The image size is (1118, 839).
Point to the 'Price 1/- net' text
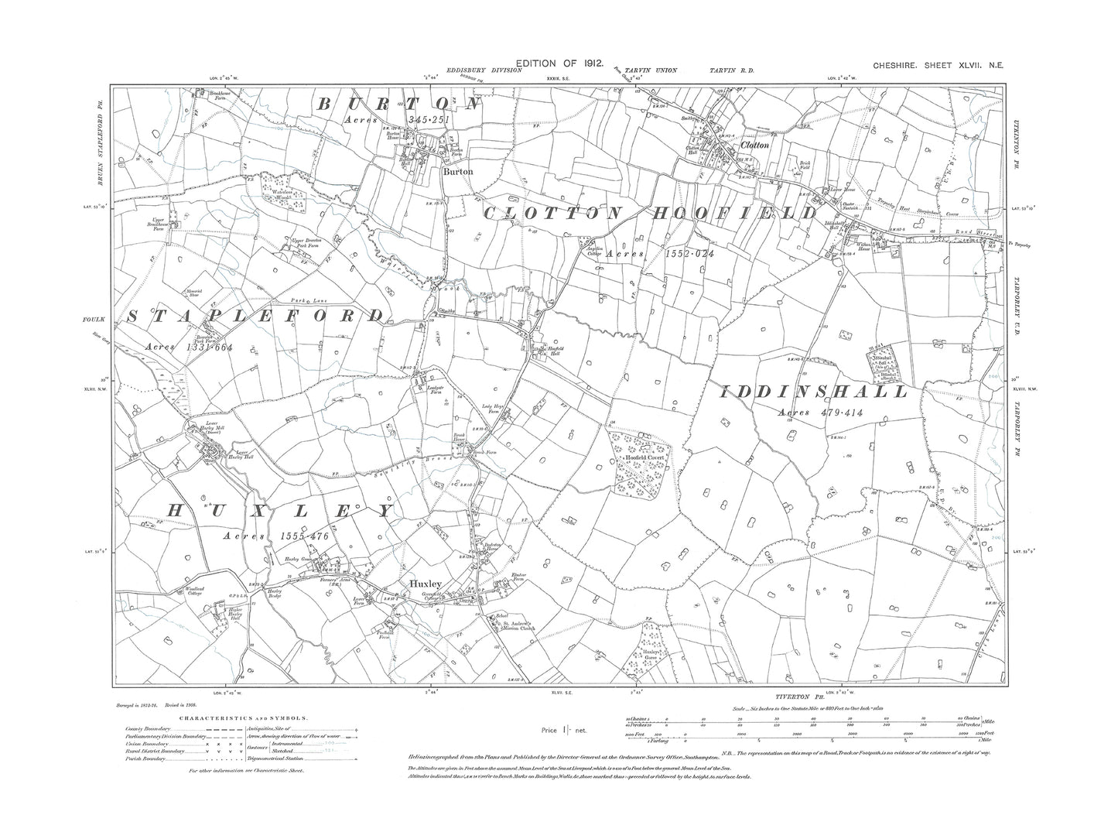pos(565,730)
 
